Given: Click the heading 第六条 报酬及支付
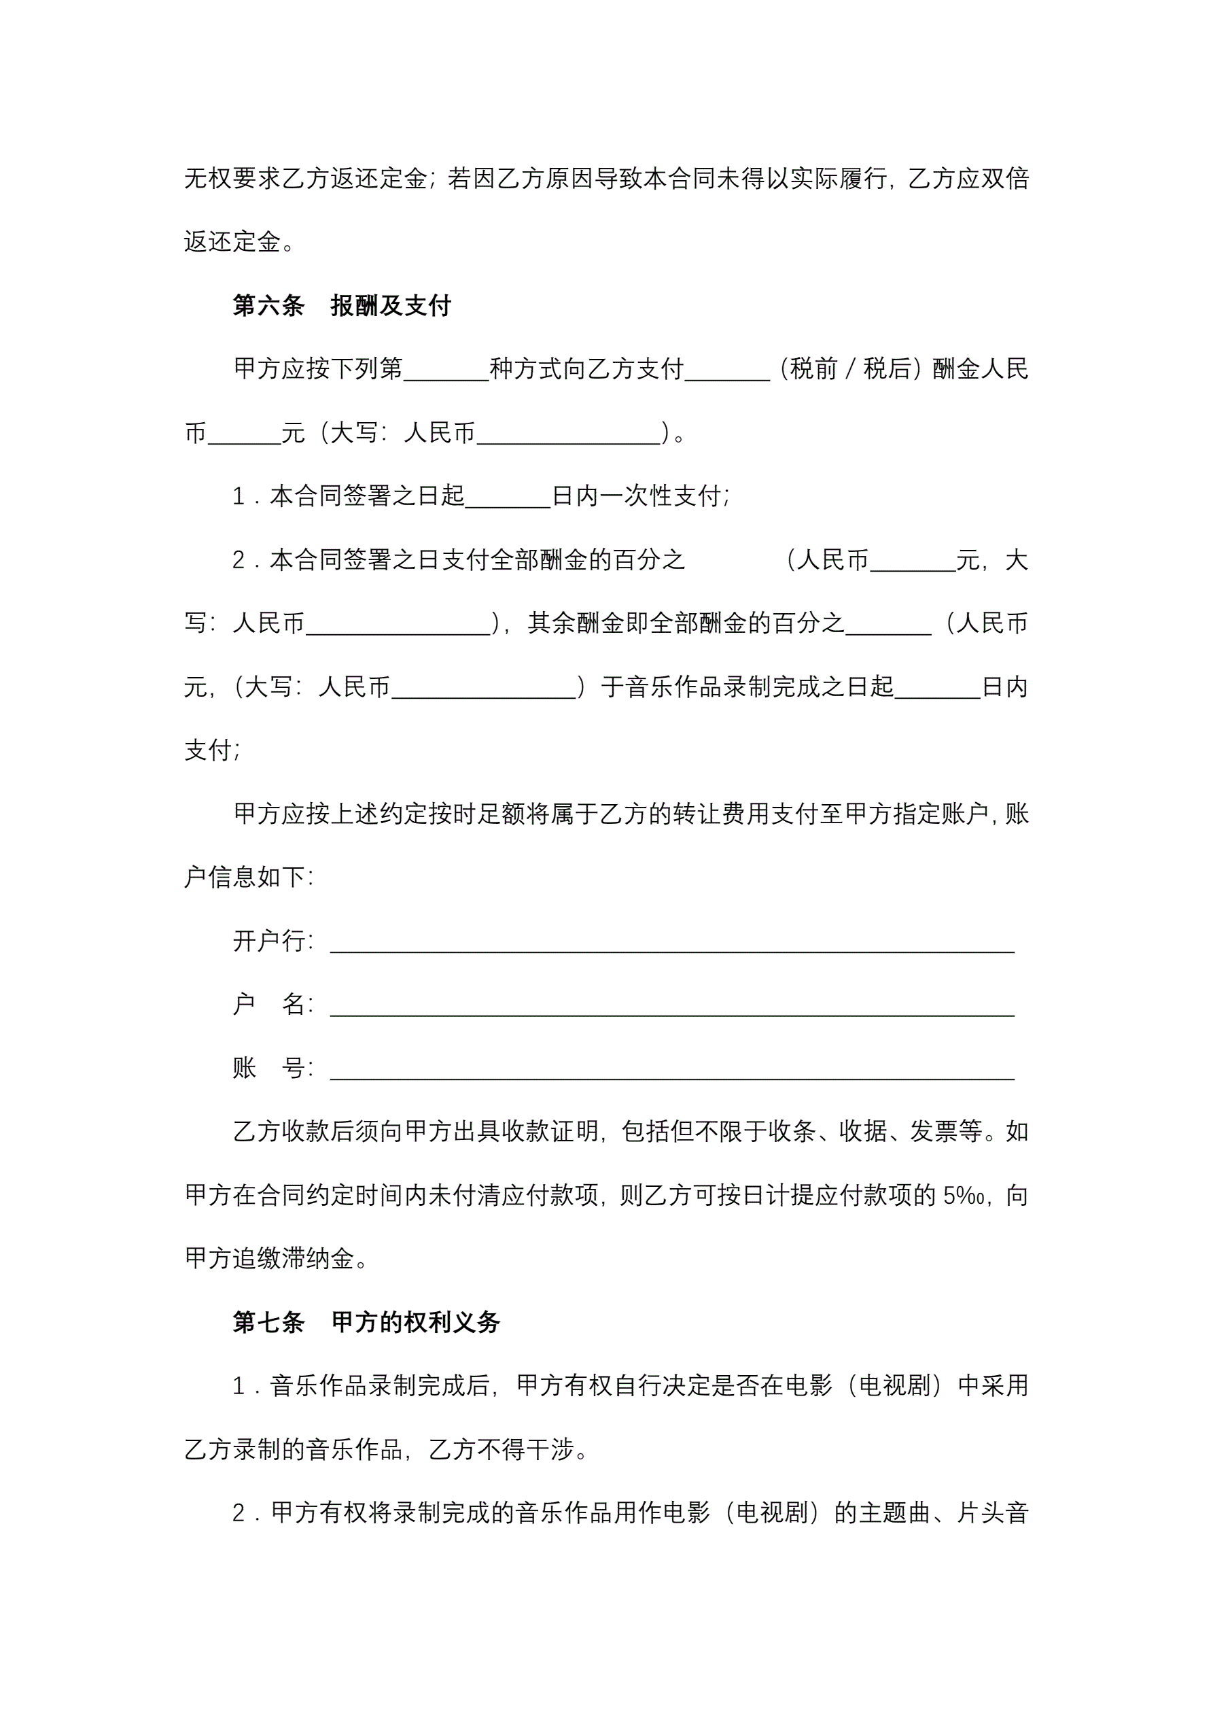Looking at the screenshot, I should coord(341,305).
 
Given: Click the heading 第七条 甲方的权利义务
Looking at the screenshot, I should coord(366,1322).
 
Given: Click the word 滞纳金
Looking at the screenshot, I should coord(317,1260).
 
